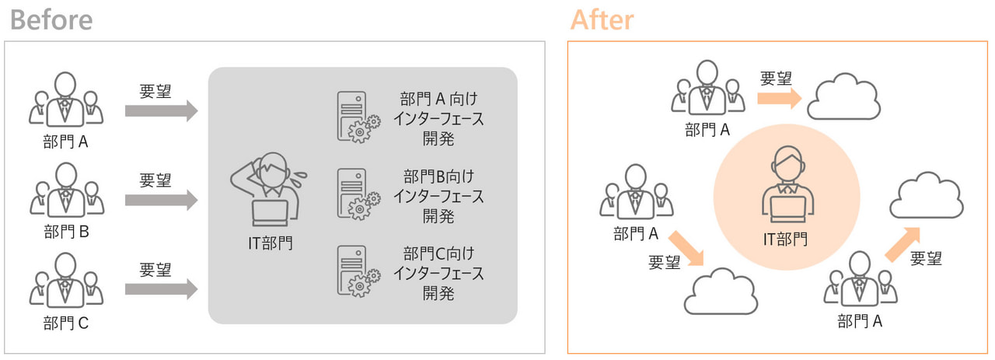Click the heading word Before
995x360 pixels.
(51, 19)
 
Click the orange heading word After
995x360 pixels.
(602, 19)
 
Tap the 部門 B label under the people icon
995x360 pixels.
(67, 232)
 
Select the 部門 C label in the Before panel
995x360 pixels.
(67, 322)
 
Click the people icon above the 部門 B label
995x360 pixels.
(67, 189)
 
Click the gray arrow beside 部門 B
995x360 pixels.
(161, 201)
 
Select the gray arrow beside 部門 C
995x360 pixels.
(161, 290)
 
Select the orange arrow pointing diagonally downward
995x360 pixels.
(687, 248)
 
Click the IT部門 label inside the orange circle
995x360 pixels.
(785, 238)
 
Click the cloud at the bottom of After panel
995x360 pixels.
(720, 292)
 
